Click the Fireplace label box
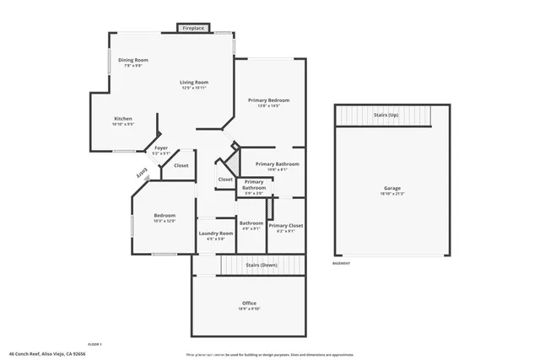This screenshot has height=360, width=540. [193, 29]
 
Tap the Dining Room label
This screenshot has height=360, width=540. [133, 60]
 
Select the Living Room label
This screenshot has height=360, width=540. [194, 83]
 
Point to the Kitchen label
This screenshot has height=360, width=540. [123, 119]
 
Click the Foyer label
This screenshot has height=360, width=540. [160, 148]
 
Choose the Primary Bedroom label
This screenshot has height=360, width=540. [263, 100]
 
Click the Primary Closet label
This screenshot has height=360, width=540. [285, 225]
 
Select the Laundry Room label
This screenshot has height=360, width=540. [215, 234]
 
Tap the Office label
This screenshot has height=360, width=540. [249, 304]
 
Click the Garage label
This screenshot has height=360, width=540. [391, 188]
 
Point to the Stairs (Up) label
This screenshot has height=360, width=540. [386, 114]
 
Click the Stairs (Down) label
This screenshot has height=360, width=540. [262, 265]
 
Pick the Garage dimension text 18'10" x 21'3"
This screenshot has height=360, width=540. [391, 194]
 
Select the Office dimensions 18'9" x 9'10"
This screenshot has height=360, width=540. [249, 309]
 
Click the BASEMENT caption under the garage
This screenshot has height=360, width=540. [341, 263]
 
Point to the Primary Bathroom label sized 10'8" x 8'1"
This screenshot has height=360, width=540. [278, 164]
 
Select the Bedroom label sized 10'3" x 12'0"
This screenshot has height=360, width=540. [164, 216]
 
